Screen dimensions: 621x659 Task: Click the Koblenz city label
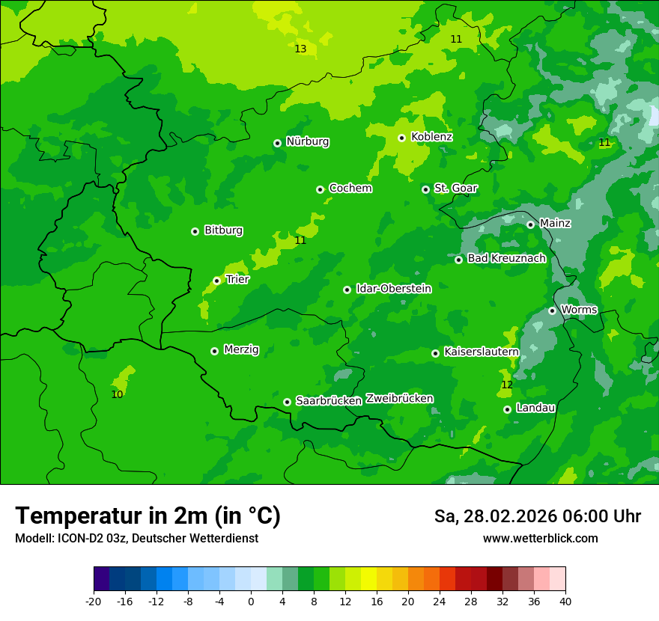coord(431,137)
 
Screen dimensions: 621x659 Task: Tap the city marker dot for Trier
coord(216,281)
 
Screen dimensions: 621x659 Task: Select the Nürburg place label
coord(307,141)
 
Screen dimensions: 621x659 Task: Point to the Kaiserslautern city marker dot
coord(435,353)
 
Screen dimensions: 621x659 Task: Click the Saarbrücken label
coord(329,401)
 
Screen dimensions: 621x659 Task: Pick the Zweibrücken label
coord(399,399)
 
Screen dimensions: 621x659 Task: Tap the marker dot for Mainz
coord(530,224)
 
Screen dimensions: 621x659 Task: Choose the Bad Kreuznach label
coord(506,259)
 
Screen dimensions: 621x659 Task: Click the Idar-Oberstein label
coord(393,289)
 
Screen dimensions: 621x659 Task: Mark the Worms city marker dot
coord(552,310)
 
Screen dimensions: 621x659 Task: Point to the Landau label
coord(535,409)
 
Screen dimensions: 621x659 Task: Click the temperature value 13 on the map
coord(300,49)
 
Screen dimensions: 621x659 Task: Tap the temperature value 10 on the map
coord(117,394)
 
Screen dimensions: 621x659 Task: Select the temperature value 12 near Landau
coord(507,385)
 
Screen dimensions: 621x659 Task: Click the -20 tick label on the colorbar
coord(94,602)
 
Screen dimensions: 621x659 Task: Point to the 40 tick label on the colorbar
coord(565,602)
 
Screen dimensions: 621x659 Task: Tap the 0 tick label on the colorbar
coord(251,602)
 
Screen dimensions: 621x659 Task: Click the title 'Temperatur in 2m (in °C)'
coord(148,516)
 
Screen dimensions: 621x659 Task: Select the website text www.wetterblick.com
coord(540,539)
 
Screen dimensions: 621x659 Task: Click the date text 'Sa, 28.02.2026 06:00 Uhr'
coord(537,517)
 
